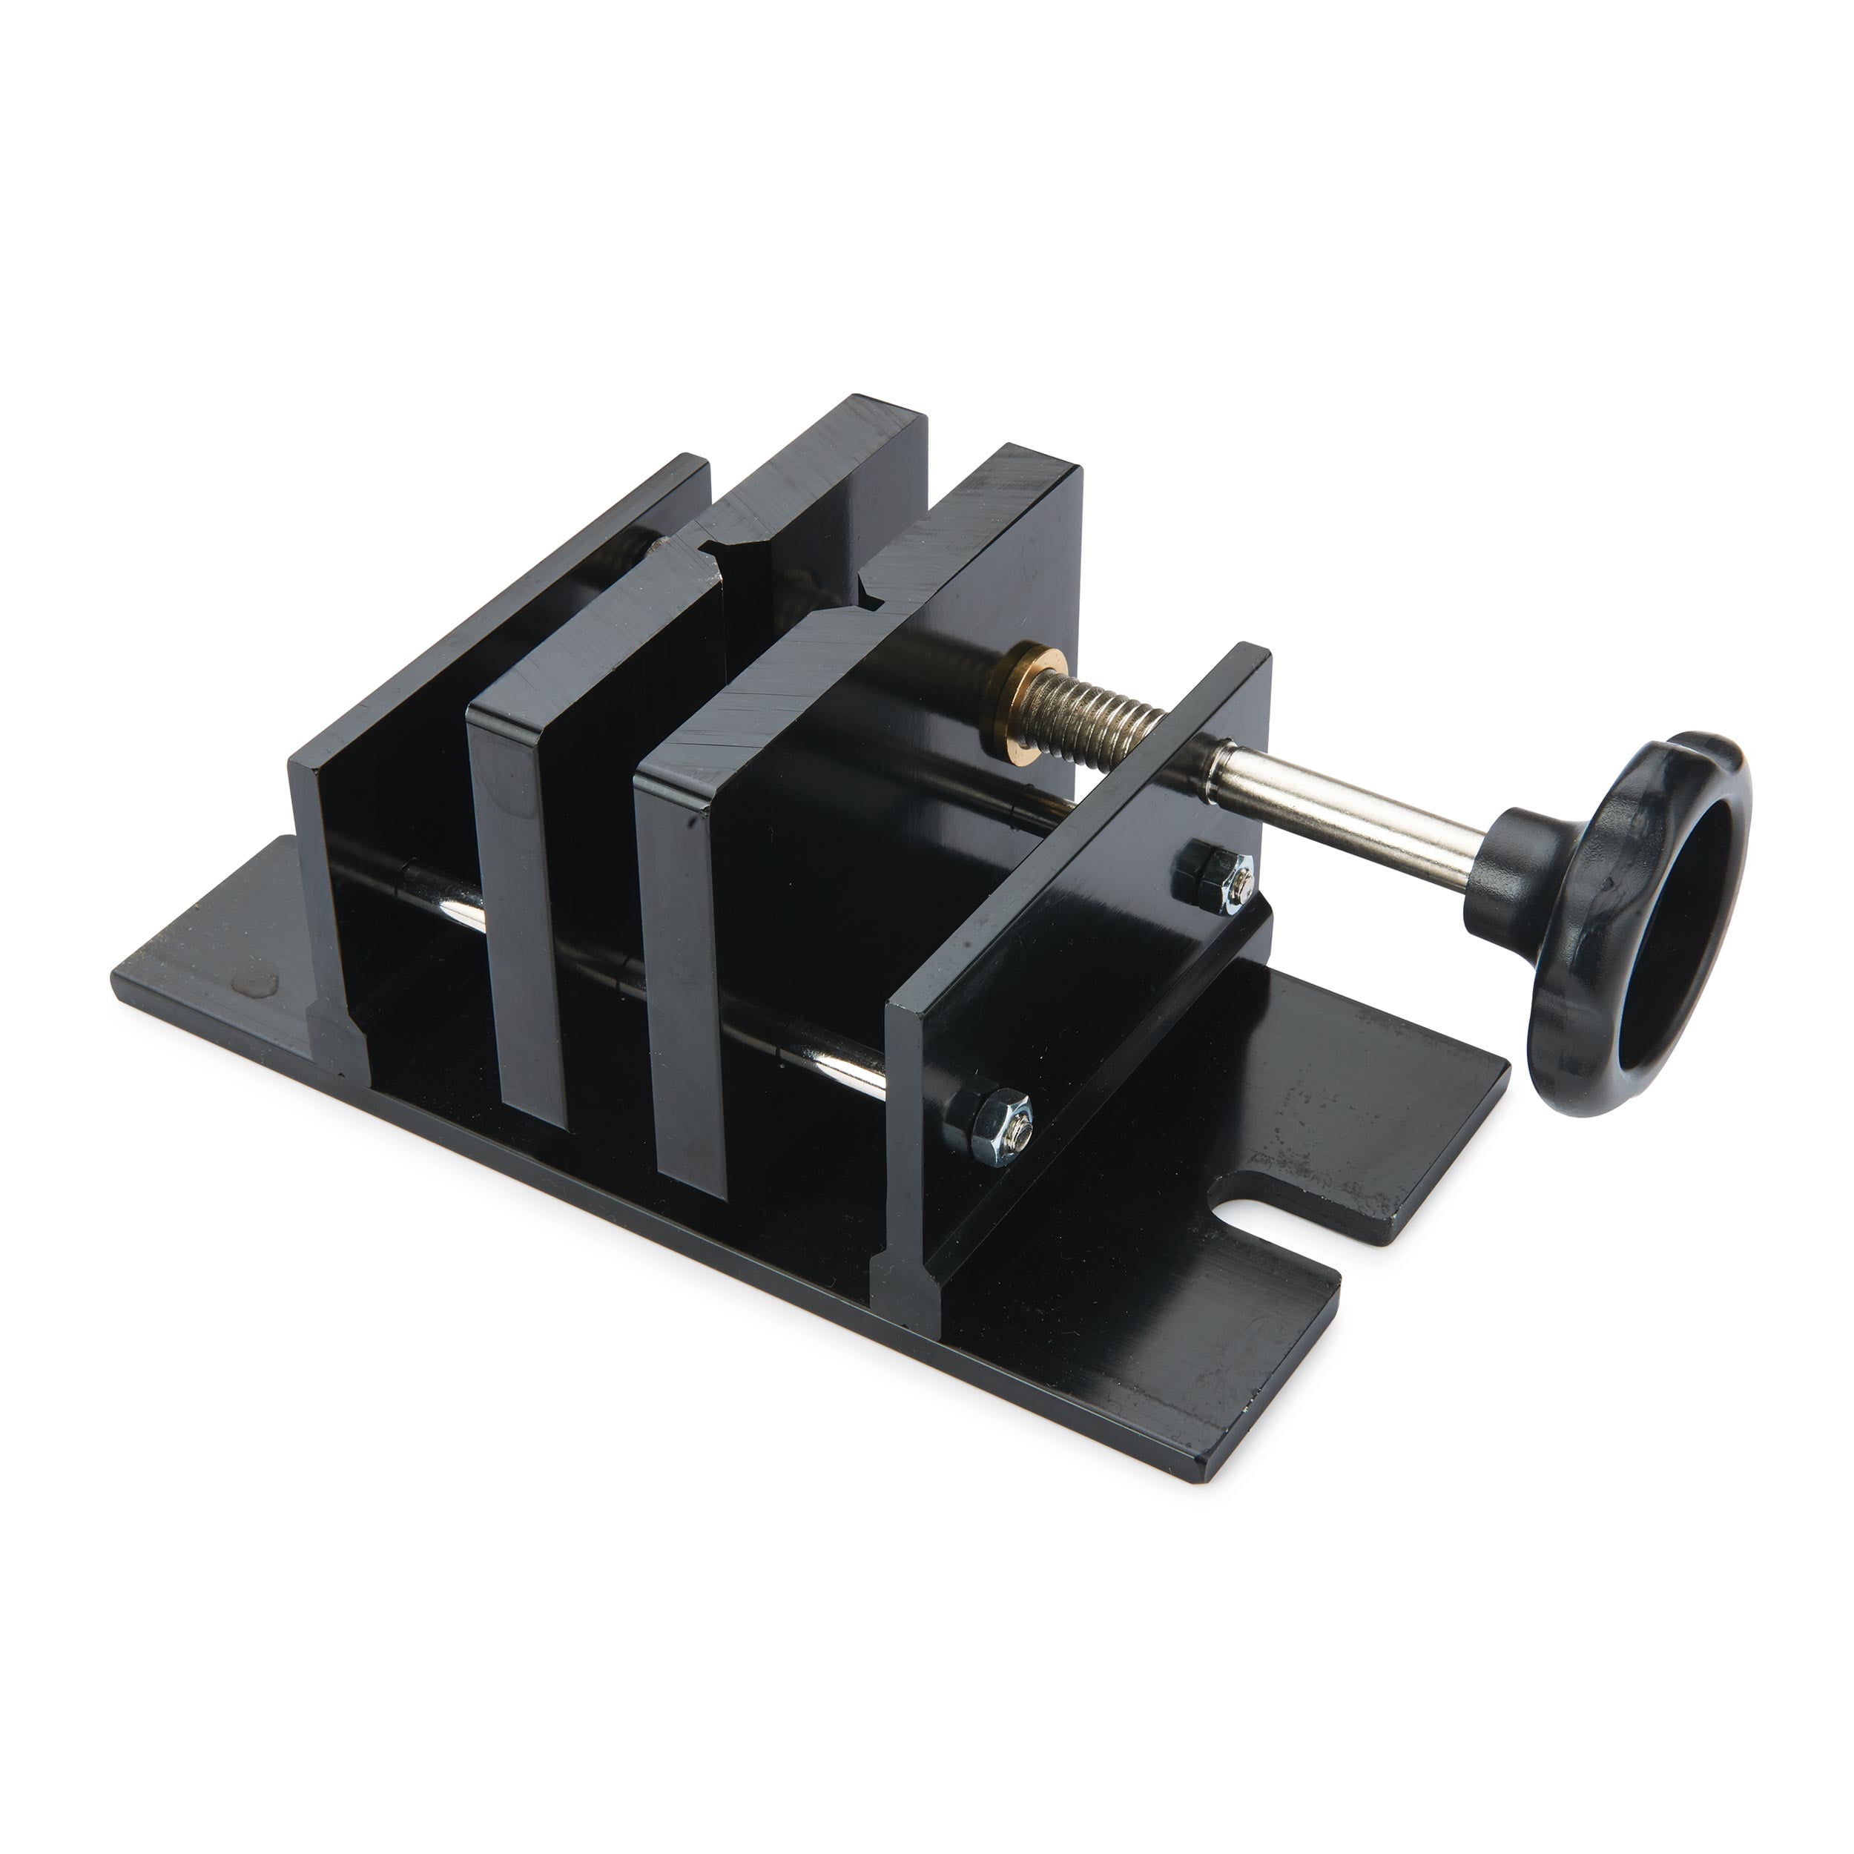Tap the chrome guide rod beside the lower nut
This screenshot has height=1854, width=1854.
[x=845, y=1065]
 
